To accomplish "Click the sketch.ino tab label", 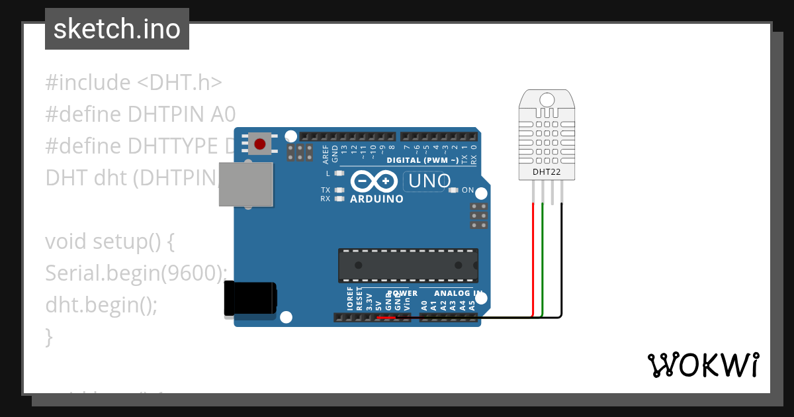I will (117, 29).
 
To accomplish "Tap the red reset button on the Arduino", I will (260, 144).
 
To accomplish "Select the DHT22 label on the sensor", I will (547, 172).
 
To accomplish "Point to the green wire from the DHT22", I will (543, 258).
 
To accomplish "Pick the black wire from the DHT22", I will (562, 258).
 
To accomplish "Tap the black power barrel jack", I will (249, 298).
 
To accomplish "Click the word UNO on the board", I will (430, 181).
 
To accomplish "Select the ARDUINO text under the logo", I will (376, 199).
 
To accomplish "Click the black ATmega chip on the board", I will (408, 265).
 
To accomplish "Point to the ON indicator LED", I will (453, 191).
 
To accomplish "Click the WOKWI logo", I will (703, 365).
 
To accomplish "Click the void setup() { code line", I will (110, 242).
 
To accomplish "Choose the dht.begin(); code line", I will (102, 304).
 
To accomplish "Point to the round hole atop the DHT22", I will (547, 100).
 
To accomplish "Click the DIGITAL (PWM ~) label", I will (422, 160).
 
